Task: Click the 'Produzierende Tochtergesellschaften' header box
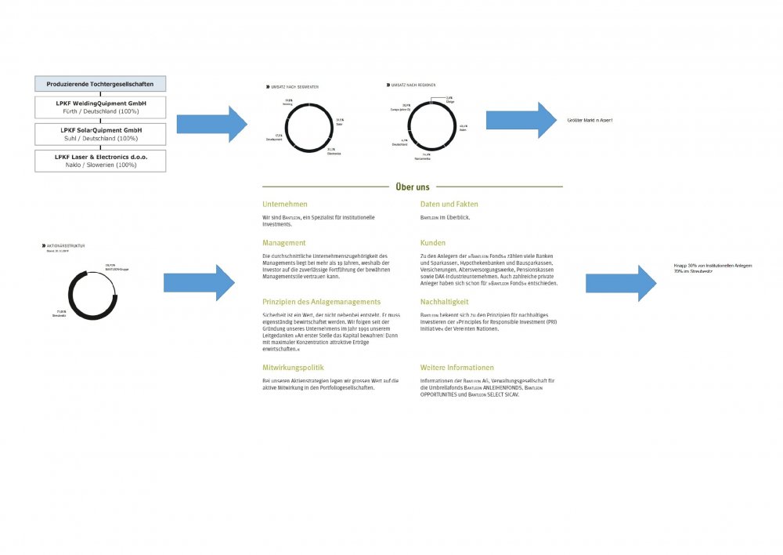point(99,84)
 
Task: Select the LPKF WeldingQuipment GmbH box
point(99,107)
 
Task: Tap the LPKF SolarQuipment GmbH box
point(99,133)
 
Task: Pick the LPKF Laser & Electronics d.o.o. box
point(99,161)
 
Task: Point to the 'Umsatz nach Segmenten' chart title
point(294,86)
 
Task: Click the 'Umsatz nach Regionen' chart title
point(413,85)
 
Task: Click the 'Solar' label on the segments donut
point(340,122)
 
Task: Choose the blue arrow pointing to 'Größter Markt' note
point(520,120)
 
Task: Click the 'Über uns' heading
point(412,187)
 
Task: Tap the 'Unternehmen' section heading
point(285,205)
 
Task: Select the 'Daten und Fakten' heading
point(449,205)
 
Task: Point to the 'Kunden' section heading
point(433,243)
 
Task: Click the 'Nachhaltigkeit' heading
point(445,301)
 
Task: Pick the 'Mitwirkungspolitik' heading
point(293,368)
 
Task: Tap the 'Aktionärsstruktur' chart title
point(59,245)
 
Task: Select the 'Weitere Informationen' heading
point(457,368)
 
